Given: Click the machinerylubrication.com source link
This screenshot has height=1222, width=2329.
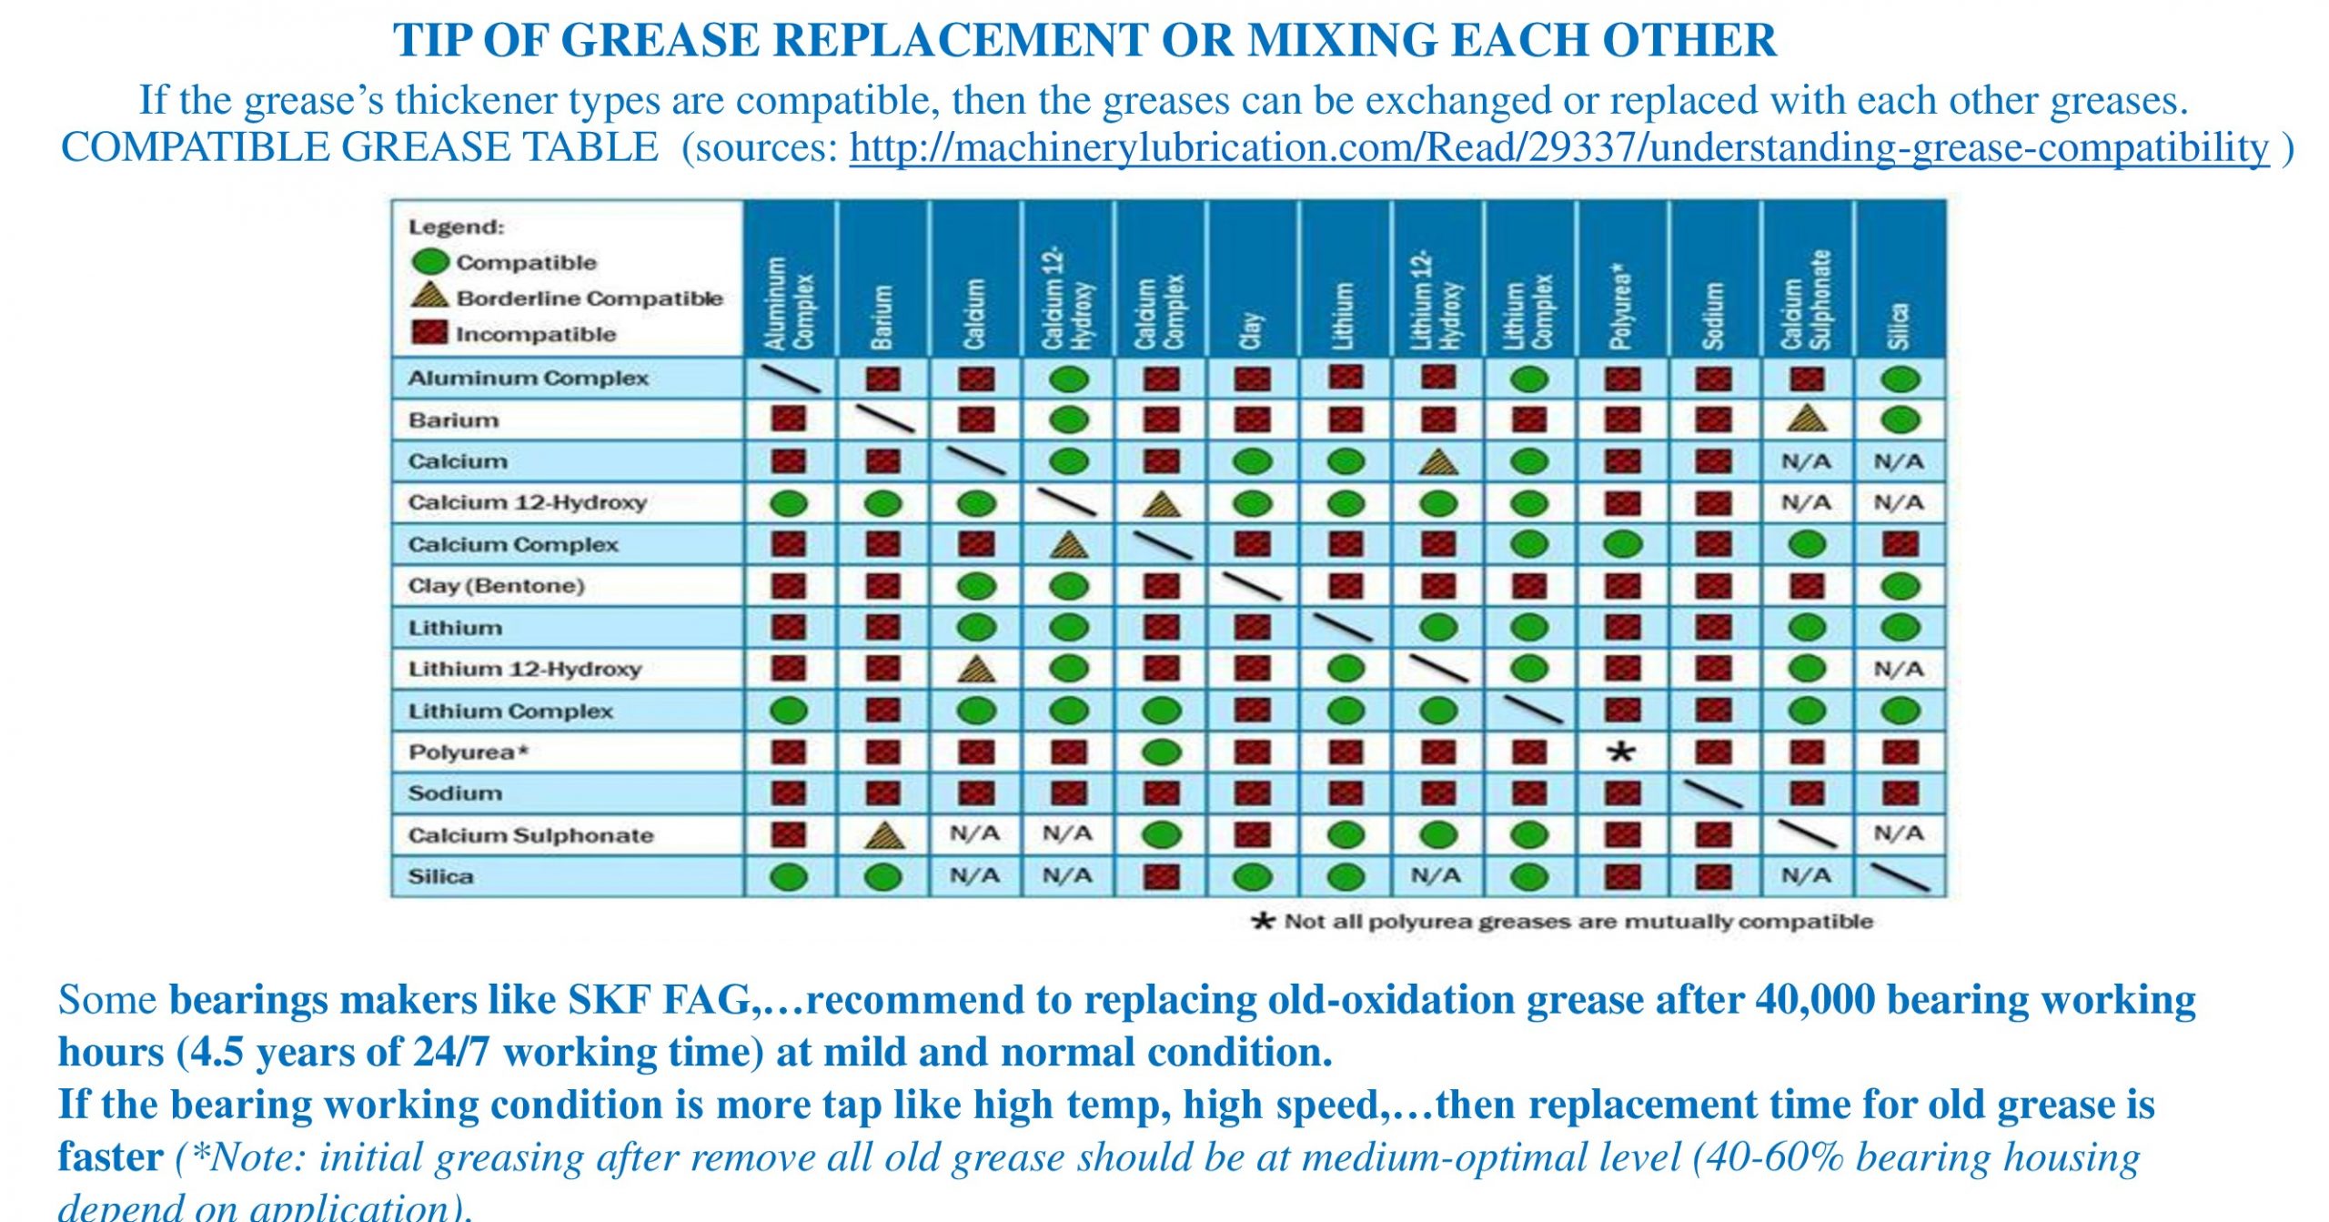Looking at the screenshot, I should (1558, 148).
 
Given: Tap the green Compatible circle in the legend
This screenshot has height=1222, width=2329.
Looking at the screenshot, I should (430, 262).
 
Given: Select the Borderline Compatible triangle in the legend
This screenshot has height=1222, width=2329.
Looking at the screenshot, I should (429, 296).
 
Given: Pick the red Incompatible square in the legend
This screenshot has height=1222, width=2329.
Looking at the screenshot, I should (429, 333).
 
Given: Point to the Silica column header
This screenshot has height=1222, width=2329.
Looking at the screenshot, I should (1899, 325).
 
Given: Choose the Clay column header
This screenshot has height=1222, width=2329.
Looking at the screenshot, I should (1252, 330).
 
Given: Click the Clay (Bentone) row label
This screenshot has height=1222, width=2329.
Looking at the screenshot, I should (496, 585).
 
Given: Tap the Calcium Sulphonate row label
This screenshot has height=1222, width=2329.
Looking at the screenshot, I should (530, 835).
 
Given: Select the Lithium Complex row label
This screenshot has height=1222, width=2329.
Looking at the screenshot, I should (510, 711).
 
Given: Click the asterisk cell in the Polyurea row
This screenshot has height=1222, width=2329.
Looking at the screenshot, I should (1621, 752).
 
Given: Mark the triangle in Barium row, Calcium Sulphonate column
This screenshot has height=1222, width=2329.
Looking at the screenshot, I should (1807, 419).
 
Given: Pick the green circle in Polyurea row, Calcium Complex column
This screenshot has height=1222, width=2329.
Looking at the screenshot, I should (1161, 752).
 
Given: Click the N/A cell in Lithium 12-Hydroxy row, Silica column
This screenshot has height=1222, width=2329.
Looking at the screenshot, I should (1899, 669).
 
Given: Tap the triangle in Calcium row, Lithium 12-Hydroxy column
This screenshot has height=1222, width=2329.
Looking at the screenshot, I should (1437, 462).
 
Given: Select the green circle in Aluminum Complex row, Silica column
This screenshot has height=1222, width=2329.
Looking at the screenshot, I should (1900, 379).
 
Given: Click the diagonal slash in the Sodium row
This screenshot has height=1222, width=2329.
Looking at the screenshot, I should (1712, 793).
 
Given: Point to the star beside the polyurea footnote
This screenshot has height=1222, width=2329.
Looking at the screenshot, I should (1263, 921).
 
